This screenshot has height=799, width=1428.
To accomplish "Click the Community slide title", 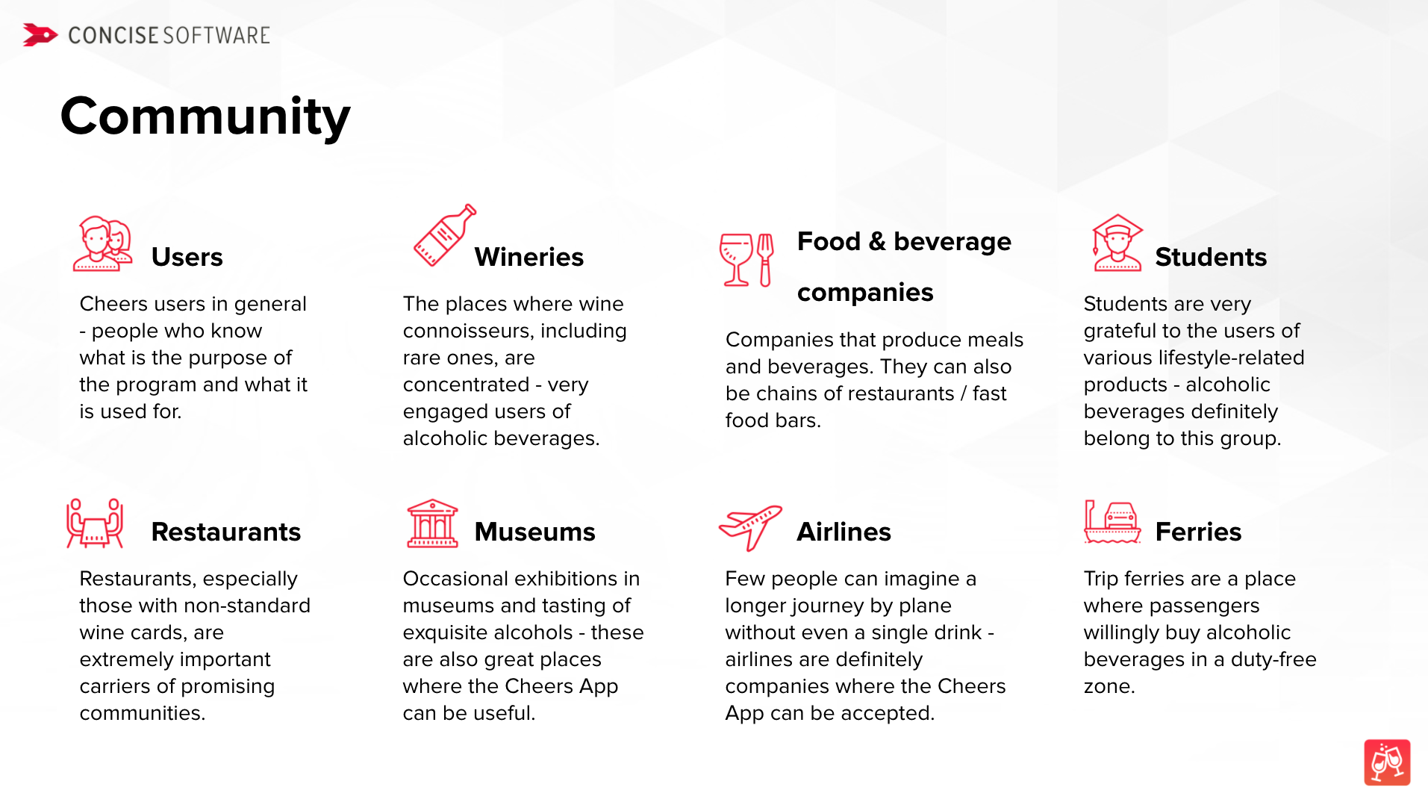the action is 205,117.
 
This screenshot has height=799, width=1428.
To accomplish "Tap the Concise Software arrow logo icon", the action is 40,35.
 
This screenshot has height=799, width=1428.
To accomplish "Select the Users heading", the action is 187,257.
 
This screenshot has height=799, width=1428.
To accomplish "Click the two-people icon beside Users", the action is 103,243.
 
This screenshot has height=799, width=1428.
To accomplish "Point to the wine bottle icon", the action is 445,235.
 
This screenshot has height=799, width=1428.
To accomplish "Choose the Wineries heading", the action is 529,257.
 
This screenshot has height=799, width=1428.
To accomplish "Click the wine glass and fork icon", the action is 746,259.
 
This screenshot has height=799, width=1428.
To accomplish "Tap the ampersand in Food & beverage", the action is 877,241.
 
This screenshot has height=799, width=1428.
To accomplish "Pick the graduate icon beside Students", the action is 1117,243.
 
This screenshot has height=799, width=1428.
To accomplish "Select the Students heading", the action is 1211,257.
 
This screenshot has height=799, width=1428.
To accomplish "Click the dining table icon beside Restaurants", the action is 95,523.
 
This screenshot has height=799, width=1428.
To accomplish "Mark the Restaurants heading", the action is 226,532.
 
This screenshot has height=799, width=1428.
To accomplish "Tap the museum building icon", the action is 432,523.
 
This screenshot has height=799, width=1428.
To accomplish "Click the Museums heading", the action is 534,532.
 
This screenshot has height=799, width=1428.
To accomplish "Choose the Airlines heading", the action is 844,532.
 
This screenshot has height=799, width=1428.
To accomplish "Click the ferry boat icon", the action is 1112,522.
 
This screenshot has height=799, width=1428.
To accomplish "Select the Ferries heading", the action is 1198,532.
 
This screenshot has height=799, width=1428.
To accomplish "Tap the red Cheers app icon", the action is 1387,762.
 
